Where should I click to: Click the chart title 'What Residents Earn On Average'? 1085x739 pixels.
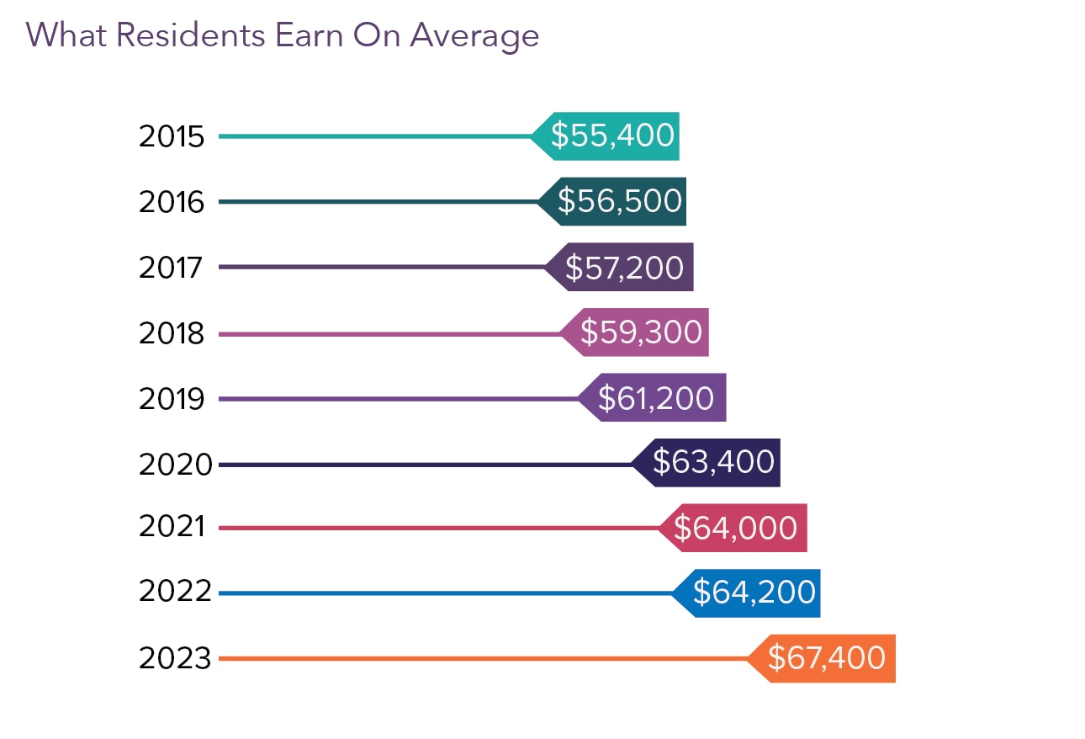pyautogui.click(x=283, y=35)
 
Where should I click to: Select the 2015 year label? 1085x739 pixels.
pyautogui.click(x=172, y=136)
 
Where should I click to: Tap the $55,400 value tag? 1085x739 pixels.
pyautogui.click(x=612, y=136)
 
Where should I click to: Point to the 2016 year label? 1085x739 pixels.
pyautogui.click(x=172, y=202)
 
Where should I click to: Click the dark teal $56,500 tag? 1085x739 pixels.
pyautogui.click(x=619, y=201)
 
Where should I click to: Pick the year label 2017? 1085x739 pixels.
pyautogui.click(x=172, y=268)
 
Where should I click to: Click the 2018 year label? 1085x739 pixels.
pyautogui.click(x=172, y=334)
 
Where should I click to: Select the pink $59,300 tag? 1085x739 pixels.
pyautogui.click(x=641, y=332)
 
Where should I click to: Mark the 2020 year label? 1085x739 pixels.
pyautogui.click(x=175, y=465)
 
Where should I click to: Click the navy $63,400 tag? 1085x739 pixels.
pyautogui.click(x=713, y=462)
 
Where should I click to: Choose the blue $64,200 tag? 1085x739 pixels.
pyautogui.click(x=754, y=593)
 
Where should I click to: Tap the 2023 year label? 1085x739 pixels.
pyautogui.click(x=175, y=659)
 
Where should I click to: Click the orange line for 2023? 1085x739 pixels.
pyautogui.click(x=479, y=658)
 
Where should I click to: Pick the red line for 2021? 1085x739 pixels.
pyautogui.click(x=437, y=528)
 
